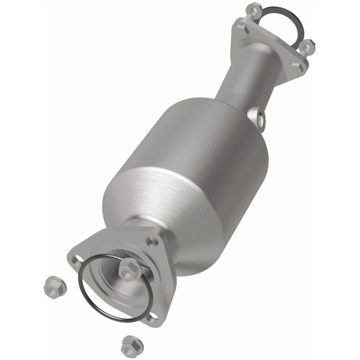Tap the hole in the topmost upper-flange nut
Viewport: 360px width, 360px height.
(x=254, y=7)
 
